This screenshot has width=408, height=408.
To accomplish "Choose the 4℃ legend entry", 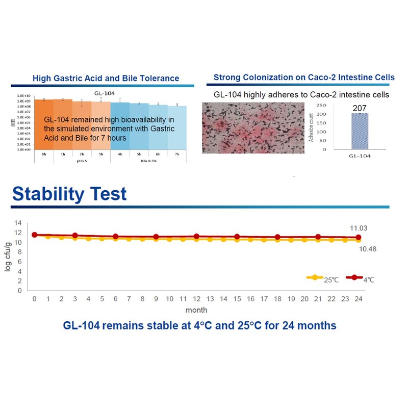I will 363,278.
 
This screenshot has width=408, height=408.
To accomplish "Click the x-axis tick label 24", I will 359,298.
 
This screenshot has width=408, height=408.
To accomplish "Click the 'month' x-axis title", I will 196,309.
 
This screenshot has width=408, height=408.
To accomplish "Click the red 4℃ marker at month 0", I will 34,235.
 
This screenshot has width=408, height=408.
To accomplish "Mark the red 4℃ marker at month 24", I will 359,238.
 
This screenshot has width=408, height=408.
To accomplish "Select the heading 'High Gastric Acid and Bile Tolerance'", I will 106,78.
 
